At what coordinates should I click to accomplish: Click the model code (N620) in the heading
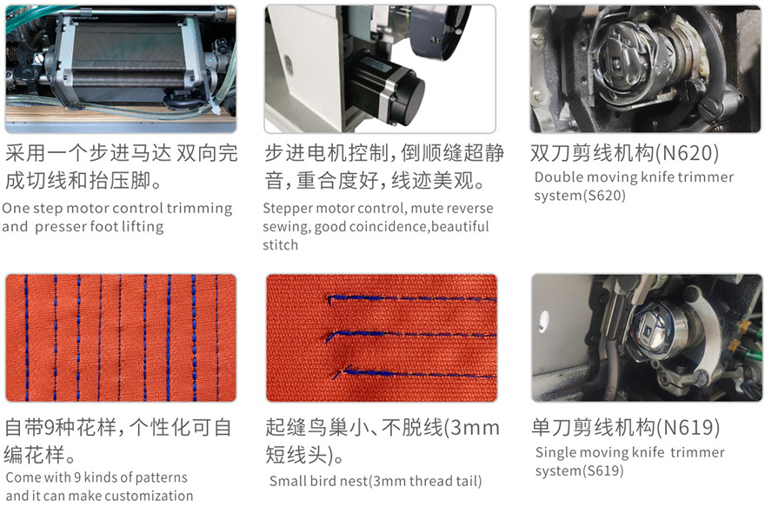pyautogui.click(x=688, y=153)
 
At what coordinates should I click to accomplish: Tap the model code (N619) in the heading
pyautogui.click(x=688, y=428)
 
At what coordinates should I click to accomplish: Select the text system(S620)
pyautogui.click(x=580, y=196)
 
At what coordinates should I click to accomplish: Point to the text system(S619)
pyautogui.click(x=580, y=470)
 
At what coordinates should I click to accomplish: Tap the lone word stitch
pyautogui.click(x=281, y=244)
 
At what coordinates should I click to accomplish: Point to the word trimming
pyautogui.click(x=199, y=209)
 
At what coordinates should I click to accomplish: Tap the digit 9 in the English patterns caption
pyautogui.click(x=77, y=477)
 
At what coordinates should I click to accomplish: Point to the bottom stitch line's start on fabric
pyautogui.click(x=336, y=375)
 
